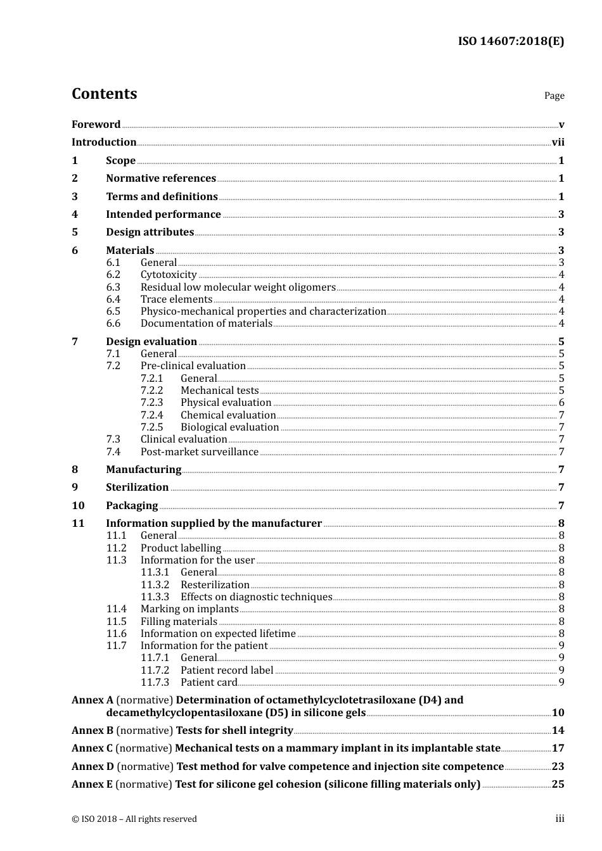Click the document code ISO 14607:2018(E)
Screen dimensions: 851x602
click(511, 42)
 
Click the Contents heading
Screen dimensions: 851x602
click(104, 94)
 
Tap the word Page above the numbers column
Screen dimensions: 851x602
click(554, 96)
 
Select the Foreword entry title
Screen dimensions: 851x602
click(96, 124)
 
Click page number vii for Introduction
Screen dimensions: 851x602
click(558, 142)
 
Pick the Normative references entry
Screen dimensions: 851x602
click(160, 179)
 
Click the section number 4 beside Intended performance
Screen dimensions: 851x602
click(75, 215)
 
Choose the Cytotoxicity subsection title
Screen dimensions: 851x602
click(169, 275)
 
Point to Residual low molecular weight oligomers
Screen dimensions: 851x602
click(238, 287)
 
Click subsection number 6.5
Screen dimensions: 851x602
click(113, 312)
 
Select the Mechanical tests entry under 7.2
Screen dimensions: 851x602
click(219, 391)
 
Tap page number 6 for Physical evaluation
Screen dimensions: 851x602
click(561, 403)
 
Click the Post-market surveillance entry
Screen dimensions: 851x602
click(199, 452)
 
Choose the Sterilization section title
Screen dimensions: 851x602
click(137, 488)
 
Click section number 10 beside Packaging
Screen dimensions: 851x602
click(78, 506)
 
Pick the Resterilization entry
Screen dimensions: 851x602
click(215, 585)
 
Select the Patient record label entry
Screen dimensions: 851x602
click(227, 671)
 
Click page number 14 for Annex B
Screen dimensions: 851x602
click(558, 731)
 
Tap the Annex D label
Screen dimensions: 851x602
click(93, 767)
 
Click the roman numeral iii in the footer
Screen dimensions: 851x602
click(560, 819)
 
